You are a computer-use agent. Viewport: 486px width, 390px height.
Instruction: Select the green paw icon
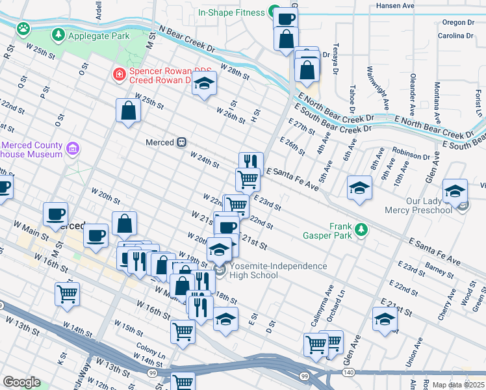tap(24, 29)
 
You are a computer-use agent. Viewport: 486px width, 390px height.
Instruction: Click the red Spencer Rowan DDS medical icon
tap(118, 75)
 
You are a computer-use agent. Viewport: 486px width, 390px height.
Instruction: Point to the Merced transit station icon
tap(183, 142)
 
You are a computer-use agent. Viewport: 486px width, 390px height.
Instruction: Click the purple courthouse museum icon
tap(72, 149)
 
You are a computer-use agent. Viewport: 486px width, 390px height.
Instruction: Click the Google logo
tap(21, 382)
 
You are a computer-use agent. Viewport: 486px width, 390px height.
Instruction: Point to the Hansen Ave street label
tap(395, 6)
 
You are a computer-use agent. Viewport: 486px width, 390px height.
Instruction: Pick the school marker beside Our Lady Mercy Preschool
tap(455, 191)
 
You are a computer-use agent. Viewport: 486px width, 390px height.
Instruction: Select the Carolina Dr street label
tap(454, 36)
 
